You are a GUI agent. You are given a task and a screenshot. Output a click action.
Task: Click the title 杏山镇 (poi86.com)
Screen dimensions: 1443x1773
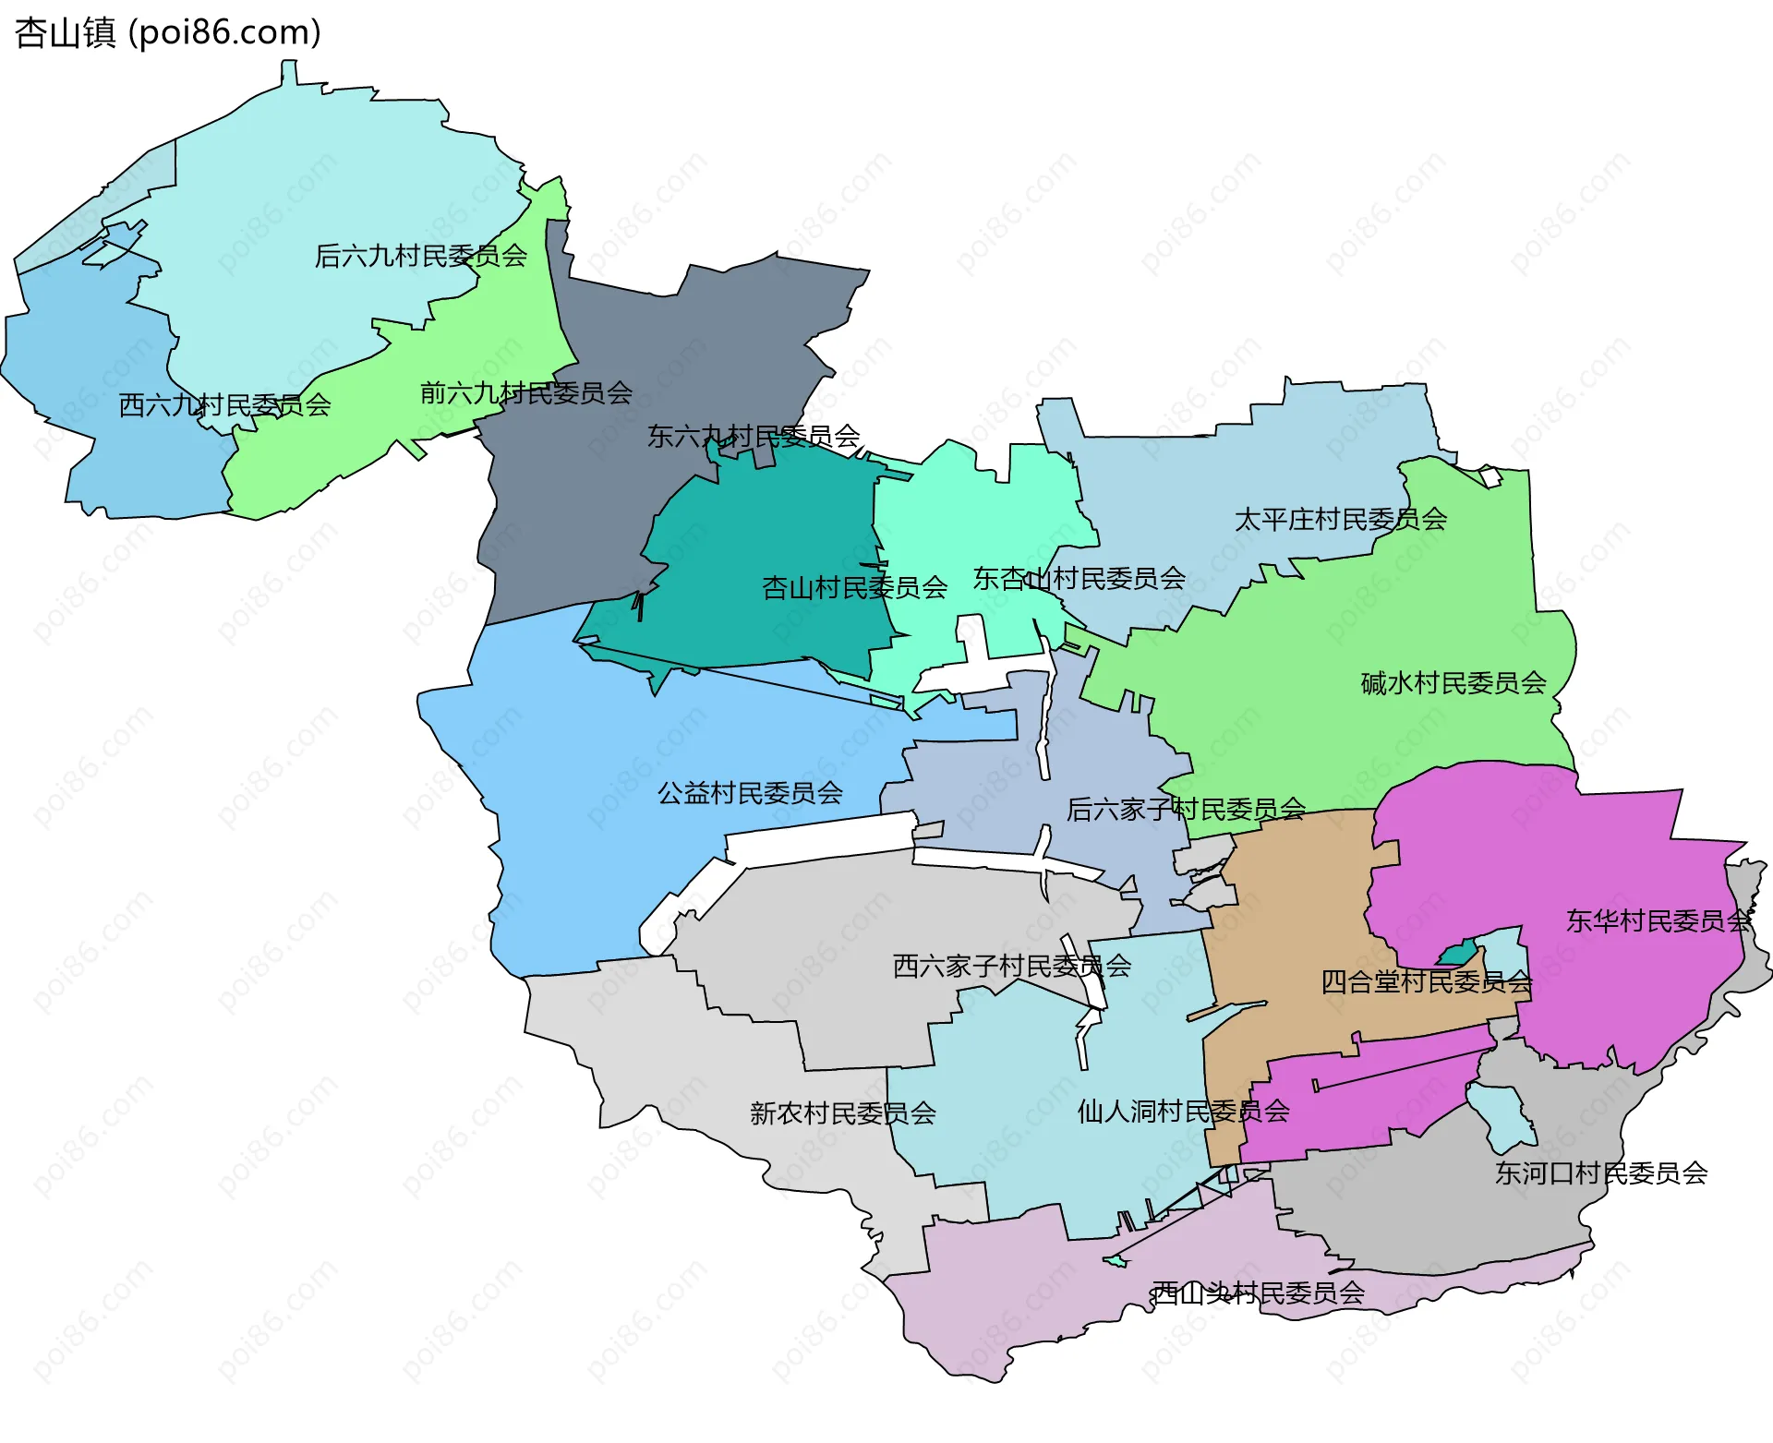pyautogui.click(x=167, y=32)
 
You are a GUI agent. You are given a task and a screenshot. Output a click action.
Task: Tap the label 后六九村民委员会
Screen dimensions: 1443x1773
pyautogui.click(x=420, y=256)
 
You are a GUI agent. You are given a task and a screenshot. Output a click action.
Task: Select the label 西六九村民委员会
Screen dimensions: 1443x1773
pyautogui.click(x=224, y=405)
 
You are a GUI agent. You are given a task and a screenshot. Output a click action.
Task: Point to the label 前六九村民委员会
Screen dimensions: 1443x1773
pyautogui.click(x=525, y=393)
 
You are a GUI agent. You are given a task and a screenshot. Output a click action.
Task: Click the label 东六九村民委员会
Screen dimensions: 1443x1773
pyautogui.click(x=754, y=436)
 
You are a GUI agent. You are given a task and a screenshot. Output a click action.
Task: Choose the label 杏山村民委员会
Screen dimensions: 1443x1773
pyautogui.click(x=854, y=587)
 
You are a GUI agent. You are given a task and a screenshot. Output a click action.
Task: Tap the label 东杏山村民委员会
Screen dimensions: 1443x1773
pyautogui.click(x=1079, y=579)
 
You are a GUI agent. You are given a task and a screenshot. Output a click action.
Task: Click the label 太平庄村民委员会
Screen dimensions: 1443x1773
pyautogui.click(x=1340, y=519)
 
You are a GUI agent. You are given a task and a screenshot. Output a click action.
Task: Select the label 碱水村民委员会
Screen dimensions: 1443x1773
pyautogui.click(x=1453, y=683)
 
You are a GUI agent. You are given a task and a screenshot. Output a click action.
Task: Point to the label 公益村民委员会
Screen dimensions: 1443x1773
pyautogui.click(x=750, y=793)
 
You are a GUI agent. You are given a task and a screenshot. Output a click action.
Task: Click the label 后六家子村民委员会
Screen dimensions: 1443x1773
pyautogui.click(x=1186, y=810)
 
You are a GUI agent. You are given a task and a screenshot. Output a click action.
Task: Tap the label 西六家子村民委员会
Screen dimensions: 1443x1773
pyautogui.click(x=1011, y=967)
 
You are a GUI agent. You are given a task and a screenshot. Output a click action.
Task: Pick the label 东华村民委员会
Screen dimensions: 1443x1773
pyautogui.click(x=1658, y=921)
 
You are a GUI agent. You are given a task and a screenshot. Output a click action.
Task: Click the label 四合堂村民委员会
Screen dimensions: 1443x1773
pyautogui.click(x=1426, y=982)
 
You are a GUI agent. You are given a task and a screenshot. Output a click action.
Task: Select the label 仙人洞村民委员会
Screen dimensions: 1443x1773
pyautogui.click(x=1183, y=1112)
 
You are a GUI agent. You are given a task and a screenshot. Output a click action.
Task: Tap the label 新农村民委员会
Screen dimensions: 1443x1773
pyautogui.click(x=842, y=1113)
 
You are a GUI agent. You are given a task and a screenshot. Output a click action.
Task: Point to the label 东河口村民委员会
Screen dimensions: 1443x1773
pyautogui.click(x=1600, y=1173)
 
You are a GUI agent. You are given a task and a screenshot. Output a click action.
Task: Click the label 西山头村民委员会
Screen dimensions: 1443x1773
pyautogui.click(x=1258, y=1293)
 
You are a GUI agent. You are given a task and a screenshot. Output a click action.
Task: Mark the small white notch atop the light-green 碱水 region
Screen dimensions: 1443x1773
pyautogui.click(x=1490, y=476)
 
